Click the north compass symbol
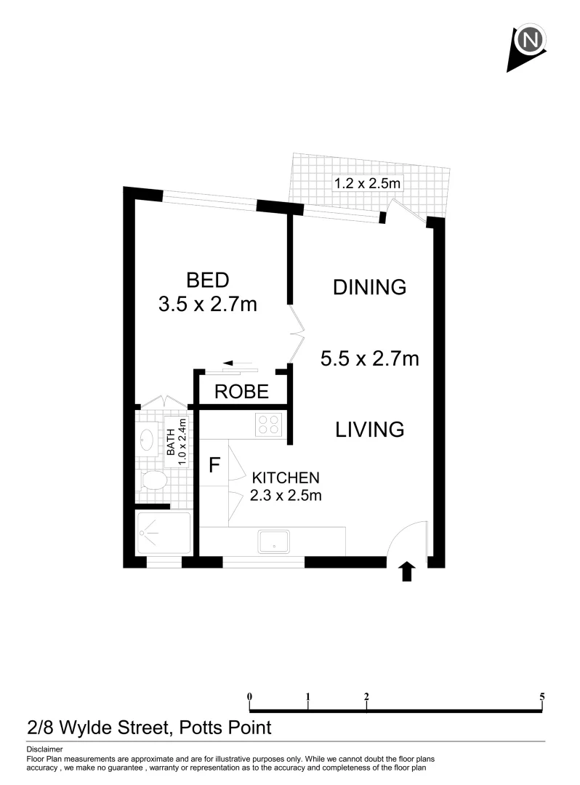[529, 42]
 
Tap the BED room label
[207, 280]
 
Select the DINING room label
[369, 287]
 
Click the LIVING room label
[369, 429]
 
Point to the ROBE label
[241, 393]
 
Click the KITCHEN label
[286, 478]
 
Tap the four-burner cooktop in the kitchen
[267, 424]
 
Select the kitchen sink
[274, 540]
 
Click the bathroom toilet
[154, 480]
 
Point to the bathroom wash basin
[146, 438]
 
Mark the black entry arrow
[407, 572]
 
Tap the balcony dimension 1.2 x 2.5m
[366, 184]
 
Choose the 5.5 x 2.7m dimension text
[369, 358]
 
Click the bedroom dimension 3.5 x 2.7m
[207, 304]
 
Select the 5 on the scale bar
[542, 696]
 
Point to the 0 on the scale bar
[250, 696]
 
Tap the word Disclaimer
[44, 749]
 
